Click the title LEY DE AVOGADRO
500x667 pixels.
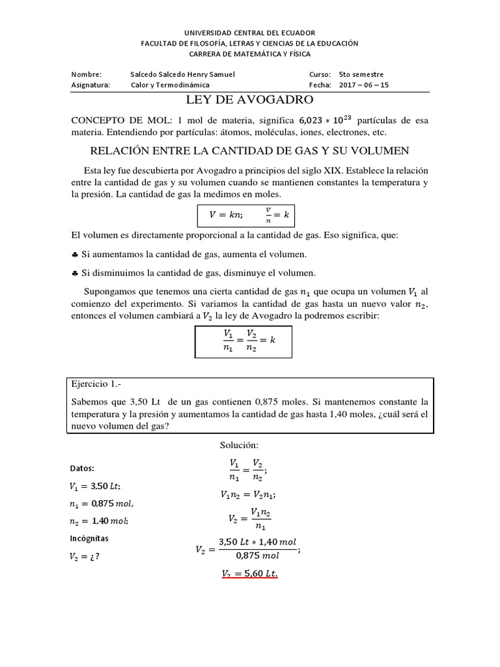(x=250, y=100)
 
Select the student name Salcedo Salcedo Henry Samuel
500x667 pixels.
(x=182, y=74)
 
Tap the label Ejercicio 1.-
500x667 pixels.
(x=95, y=386)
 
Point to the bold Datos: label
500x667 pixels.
(x=82, y=468)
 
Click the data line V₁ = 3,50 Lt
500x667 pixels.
(x=94, y=486)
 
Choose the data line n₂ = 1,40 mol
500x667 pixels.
(x=99, y=521)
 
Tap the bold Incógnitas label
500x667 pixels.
(x=89, y=539)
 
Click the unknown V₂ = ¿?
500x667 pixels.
(x=85, y=557)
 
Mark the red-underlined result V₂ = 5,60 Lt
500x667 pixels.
(x=250, y=574)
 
